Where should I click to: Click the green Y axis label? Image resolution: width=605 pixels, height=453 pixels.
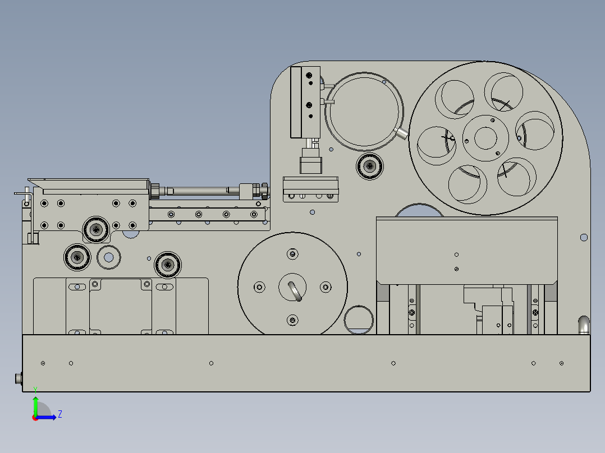click(35, 389)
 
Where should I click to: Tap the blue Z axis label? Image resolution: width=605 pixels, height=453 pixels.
click(60, 414)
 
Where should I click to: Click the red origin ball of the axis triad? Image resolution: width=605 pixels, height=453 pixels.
click(35, 417)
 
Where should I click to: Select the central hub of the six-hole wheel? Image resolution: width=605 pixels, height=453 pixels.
click(485, 137)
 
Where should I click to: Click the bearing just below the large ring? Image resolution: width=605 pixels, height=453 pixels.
click(370, 165)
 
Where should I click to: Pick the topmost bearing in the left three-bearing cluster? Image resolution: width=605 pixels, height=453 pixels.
click(97, 229)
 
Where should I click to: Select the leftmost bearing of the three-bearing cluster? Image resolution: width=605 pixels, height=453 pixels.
click(77, 257)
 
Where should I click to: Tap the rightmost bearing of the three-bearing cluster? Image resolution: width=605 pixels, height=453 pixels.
click(167, 264)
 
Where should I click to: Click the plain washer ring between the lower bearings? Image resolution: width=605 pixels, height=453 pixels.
click(109, 257)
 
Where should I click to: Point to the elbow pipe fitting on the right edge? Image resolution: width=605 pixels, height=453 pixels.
click(584, 324)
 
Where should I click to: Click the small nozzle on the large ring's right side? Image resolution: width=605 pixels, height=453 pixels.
click(402, 133)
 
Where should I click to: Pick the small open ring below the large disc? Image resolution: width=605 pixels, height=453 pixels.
click(359, 320)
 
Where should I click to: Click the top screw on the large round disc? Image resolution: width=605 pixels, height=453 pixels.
click(292, 254)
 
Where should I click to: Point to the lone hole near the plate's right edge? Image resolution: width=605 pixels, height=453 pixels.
click(584, 238)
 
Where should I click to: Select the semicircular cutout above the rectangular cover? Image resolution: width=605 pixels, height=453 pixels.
click(419, 211)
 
